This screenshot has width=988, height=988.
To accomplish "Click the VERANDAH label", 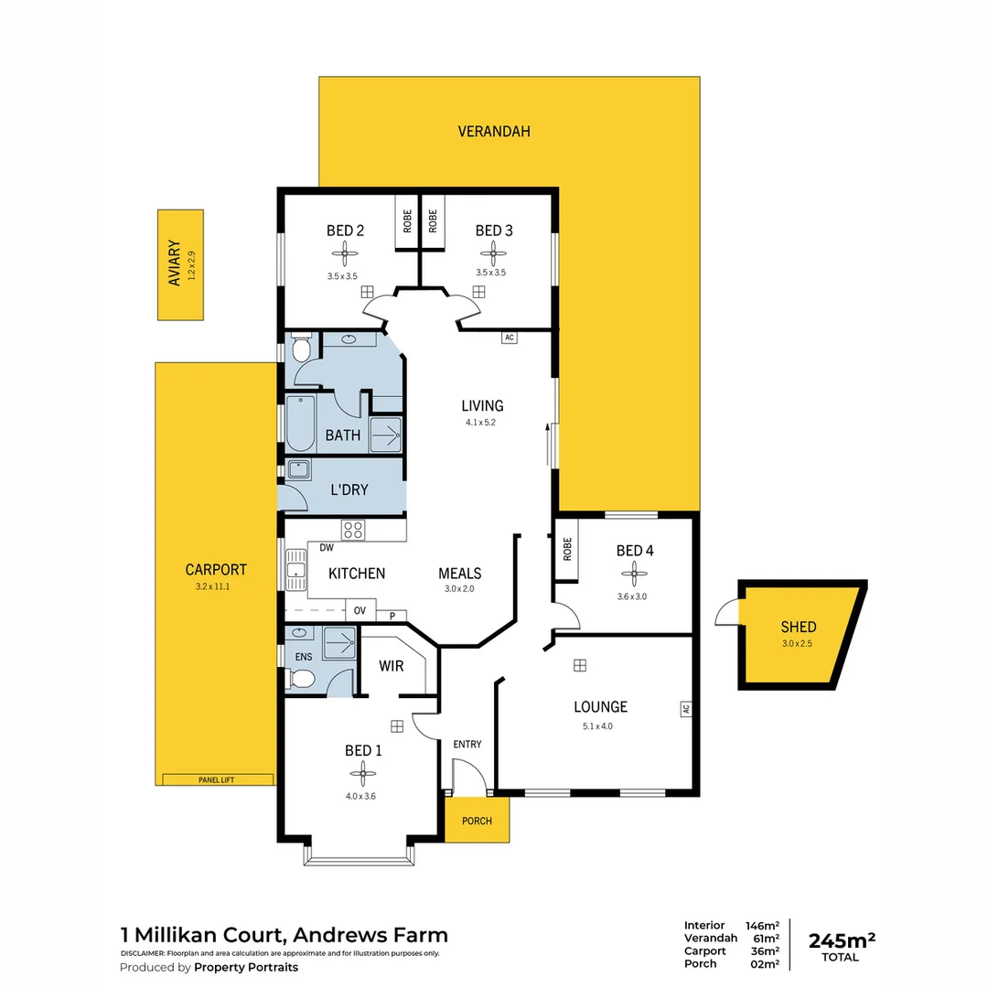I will tap(494, 132).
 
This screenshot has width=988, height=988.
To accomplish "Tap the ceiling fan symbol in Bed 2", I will tap(346, 253).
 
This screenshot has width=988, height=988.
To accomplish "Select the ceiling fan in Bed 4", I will tap(634, 574).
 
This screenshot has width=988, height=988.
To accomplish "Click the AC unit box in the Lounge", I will tap(683, 708).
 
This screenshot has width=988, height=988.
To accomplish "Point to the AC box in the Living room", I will tap(510, 338).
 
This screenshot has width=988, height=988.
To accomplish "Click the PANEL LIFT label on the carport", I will tap(217, 779).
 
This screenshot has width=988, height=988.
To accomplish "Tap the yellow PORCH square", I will tap(477, 820).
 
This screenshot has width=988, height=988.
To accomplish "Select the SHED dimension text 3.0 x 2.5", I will tap(798, 644).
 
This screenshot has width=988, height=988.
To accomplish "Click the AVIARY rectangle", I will tap(180, 264).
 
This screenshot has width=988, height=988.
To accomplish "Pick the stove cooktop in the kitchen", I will tap(353, 530).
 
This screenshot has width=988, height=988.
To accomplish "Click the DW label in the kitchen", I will tap(326, 548).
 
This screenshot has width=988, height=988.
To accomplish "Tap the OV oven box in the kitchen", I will tap(360, 611).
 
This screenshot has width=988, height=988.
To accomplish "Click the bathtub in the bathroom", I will tap(300, 423).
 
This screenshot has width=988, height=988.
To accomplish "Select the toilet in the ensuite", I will tap(302, 679).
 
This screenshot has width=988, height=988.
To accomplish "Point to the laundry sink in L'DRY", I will tap(298, 470).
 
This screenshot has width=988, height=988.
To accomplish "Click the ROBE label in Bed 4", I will tap(567, 549).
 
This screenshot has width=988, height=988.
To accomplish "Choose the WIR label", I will tap(392, 666).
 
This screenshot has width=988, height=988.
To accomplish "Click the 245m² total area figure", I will tap(842, 940).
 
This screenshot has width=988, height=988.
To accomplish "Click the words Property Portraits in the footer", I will tap(246, 967).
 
